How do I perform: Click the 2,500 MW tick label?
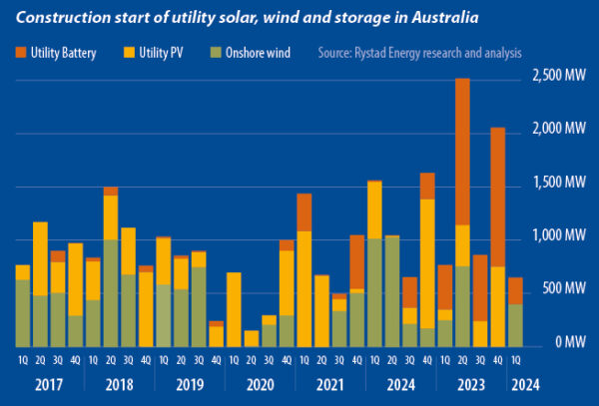(558, 76)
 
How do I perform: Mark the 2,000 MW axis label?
(558, 129)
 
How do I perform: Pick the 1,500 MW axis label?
(558, 183)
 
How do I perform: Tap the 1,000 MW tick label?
(558, 236)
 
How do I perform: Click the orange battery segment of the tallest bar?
(462, 150)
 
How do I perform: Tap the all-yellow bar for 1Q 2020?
(234, 309)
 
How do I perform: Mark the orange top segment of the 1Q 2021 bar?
(303, 211)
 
